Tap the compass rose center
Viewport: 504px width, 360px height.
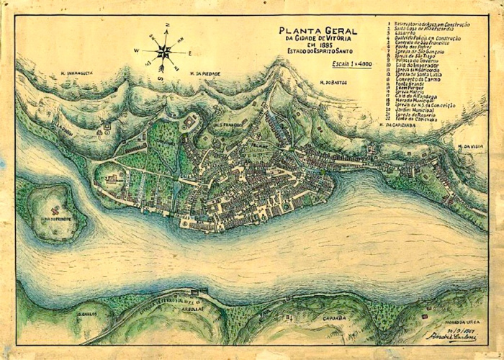tap(164, 51)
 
